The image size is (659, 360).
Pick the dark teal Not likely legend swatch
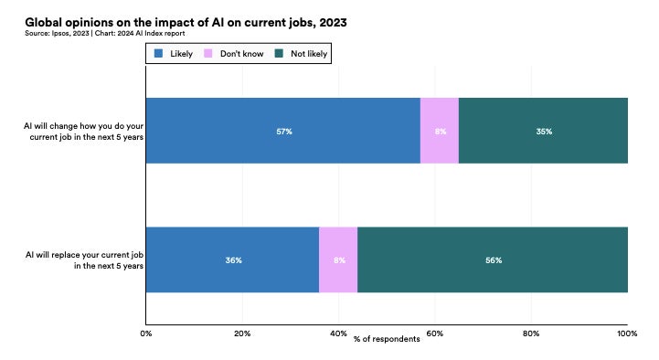point(282,54)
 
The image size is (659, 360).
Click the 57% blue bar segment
point(282,131)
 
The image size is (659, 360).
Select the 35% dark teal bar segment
point(543,131)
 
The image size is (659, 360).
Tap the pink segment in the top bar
point(439,131)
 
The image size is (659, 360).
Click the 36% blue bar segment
point(232,259)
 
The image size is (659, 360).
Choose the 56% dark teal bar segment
point(493,259)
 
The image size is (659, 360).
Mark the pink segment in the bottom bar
point(338,259)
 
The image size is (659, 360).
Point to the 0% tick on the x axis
point(146,333)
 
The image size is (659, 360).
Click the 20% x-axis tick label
point(242,333)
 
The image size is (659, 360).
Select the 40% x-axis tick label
point(338,333)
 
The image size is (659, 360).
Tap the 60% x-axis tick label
point(435,333)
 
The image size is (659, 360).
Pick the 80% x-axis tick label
point(531,333)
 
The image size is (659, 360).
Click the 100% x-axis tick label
point(627,333)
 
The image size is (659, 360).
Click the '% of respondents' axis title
point(387,340)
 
